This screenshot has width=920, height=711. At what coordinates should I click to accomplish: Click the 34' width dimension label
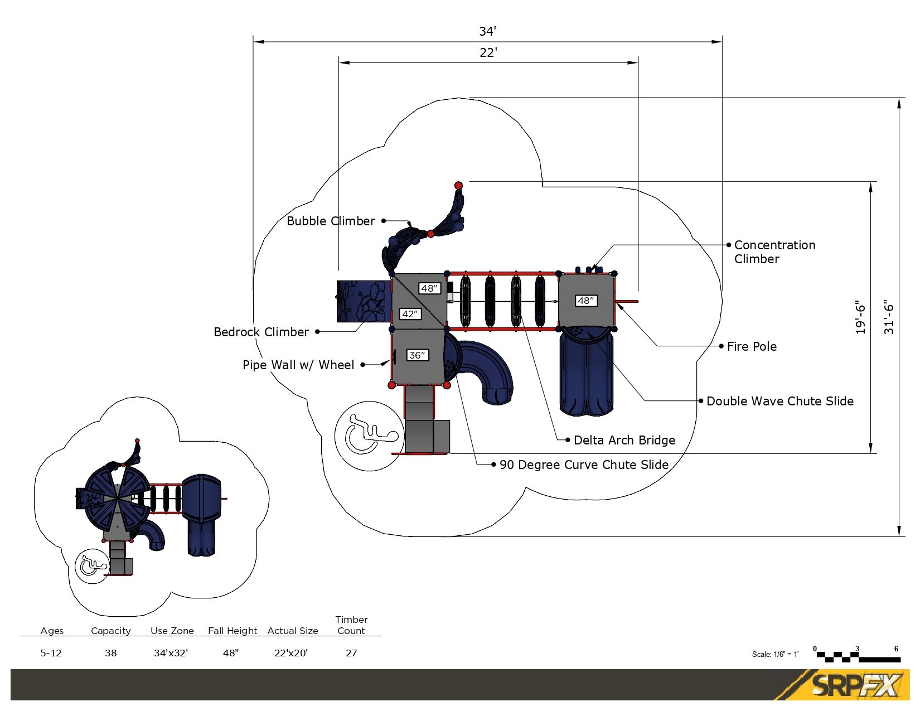coord(487,31)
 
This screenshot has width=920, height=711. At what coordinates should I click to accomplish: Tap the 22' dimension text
coord(488,52)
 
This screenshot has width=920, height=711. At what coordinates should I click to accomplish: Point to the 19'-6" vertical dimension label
coord(860,317)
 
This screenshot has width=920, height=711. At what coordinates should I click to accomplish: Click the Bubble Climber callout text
coord(331,221)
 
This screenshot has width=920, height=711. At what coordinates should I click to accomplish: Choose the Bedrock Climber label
coord(261,332)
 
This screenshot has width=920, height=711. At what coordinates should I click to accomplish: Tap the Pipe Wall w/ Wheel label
coord(298,365)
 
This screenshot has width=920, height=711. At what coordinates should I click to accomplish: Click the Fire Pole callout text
coord(752,346)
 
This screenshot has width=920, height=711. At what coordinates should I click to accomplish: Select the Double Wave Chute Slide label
coord(780,401)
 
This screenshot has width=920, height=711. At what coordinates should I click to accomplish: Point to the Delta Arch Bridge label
coord(624,440)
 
